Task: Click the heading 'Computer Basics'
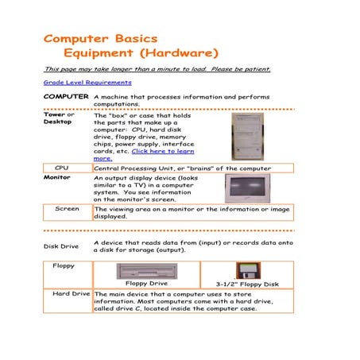pos(100,39)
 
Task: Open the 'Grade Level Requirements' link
pos(87,82)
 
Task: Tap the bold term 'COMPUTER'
pos(66,96)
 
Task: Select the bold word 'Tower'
pos(54,114)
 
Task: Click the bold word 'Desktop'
pos(57,122)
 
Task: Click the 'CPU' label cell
pos(62,168)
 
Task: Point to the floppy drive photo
pos(146,271)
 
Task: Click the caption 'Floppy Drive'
pos(146,283)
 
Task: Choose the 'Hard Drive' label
pos(71,294)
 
